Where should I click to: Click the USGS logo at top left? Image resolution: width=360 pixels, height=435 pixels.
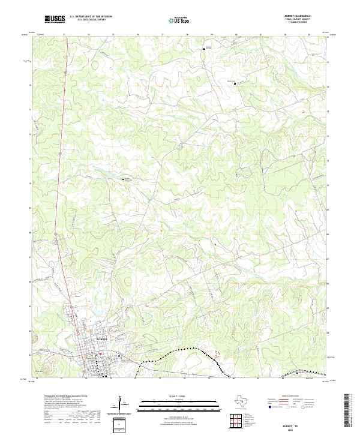[54, 20]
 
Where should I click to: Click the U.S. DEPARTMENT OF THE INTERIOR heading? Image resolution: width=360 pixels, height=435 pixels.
[91, 17]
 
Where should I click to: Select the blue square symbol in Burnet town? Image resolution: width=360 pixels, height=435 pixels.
[118, 354]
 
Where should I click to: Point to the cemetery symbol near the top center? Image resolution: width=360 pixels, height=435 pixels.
[204, 49]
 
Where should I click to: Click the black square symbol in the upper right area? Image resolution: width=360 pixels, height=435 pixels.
[235, 83]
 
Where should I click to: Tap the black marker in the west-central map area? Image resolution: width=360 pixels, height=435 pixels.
[124, 179]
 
